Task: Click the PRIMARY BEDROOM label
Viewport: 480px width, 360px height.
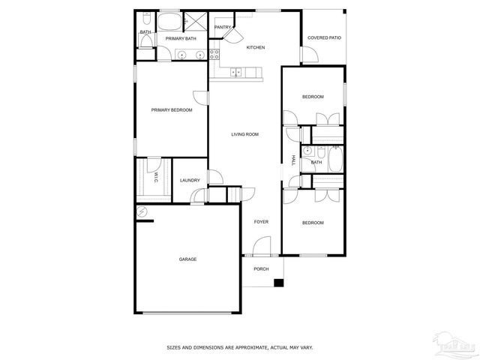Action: point(172,110)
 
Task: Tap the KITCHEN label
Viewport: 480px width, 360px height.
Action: point(256,47)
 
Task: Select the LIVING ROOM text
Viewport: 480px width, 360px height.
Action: point(244,134)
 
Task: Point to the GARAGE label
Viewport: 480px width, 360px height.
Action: point(187,259)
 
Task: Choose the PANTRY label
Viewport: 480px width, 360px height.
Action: point(222,27)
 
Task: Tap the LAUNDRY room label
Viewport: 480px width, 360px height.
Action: point(190,180)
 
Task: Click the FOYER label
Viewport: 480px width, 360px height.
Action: point(261,222)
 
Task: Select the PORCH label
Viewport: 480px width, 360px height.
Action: point(261,268)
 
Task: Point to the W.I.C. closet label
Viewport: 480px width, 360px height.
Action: point(155,178)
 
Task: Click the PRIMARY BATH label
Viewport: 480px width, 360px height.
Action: point(181,38)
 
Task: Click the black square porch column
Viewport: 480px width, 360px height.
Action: point(279,283)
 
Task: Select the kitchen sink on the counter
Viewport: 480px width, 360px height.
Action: point(237,72)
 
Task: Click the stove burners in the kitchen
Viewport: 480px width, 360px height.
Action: point(214,54)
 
